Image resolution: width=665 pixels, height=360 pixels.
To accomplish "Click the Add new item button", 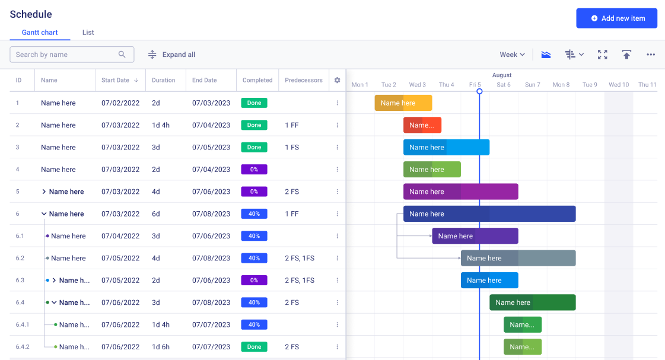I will pos(616,18).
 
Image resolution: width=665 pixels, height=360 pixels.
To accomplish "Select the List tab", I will pos(88,33).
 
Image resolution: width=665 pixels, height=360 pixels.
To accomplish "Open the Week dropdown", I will pos(512,55).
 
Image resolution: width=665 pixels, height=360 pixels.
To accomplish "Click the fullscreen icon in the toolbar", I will pos(602,55).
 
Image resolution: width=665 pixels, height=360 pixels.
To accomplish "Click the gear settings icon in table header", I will pos(337,80).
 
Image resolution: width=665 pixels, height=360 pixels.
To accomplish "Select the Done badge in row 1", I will pos(254,103).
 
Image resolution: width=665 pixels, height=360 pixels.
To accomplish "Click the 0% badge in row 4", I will pos(254,170).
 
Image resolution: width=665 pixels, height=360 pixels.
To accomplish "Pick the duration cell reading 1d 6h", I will pos(161,347).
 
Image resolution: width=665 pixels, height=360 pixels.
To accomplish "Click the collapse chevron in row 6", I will pos(44,214).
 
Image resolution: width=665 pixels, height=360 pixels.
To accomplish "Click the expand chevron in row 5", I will pos(44,192).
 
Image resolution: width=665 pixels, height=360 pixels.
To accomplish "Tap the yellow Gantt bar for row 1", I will pos(403,103).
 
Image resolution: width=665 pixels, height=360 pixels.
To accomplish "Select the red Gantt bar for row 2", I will pos(422,125).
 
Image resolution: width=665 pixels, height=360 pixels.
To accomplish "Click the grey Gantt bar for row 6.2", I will pos(517,258).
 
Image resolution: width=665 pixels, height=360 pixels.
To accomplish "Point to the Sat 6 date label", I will pos(503,85).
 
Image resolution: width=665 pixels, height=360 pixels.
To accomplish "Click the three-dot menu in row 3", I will pos(337,148).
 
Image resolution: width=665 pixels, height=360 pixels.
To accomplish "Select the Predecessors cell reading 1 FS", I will pos(291,148).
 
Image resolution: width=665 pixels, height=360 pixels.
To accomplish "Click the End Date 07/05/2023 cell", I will pos(211,148).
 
